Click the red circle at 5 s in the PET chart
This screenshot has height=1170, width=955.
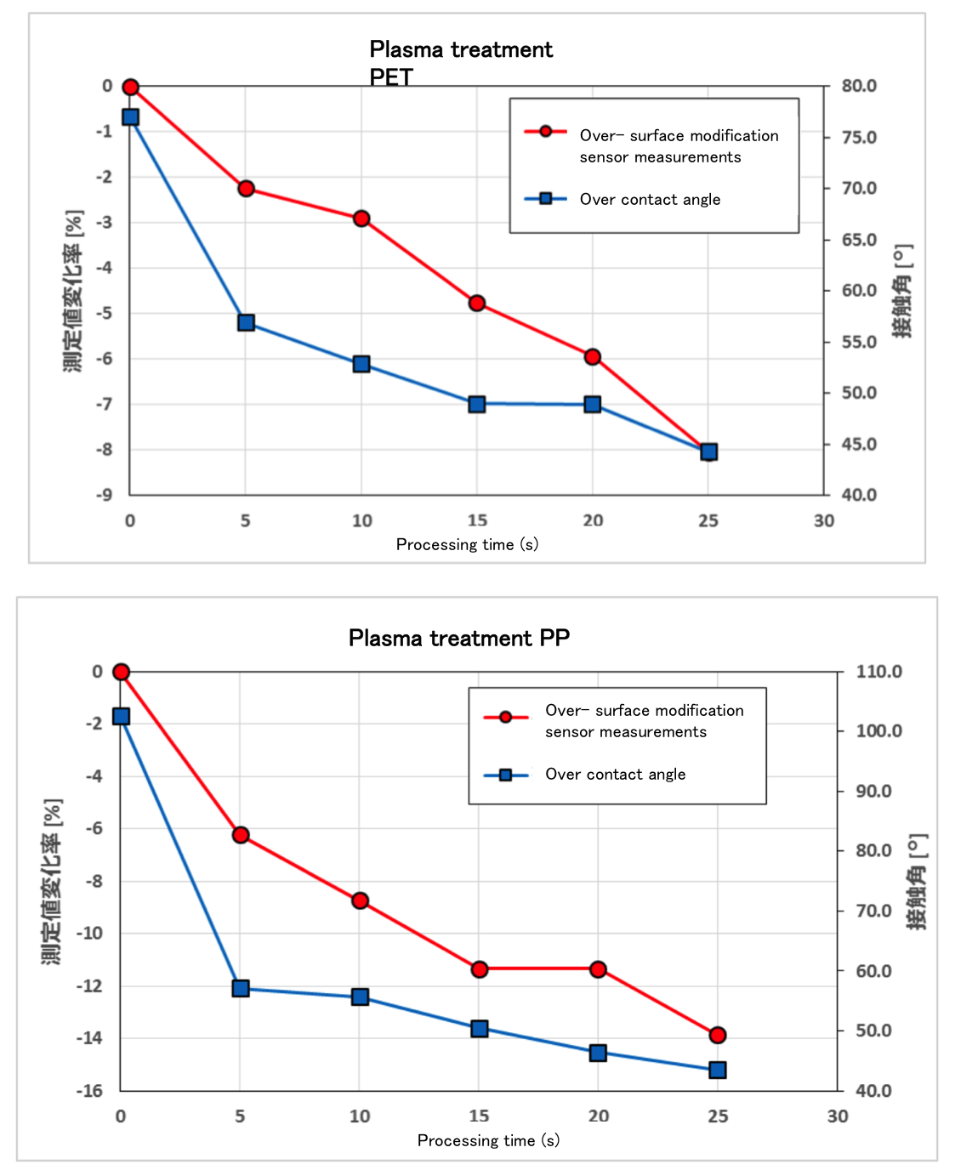(x=246, y=188)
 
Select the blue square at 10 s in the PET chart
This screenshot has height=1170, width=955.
(x=361, y=364)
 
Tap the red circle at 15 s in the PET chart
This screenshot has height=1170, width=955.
(x=477, y=303)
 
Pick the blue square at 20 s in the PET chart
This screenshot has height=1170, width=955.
(x=593, y=404)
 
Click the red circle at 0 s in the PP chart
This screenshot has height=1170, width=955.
(x=121, y=672)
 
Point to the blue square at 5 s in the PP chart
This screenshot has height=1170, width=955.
(x=241, y=988)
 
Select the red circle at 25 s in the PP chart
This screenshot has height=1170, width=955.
(x=718, y=1035)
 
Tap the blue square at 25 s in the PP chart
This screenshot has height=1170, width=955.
(x=718, y=1070)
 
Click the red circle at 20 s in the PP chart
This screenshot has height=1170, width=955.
(x=598, y=969)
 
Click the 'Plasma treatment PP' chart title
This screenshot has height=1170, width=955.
(x=459, y=638)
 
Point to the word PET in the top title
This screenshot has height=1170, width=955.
(x=391, y=77)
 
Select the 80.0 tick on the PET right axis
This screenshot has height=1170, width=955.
(x=859, y=86)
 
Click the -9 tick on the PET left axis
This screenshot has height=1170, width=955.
(x=104, y=495)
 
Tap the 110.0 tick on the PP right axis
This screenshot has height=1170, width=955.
(x=878, y=672)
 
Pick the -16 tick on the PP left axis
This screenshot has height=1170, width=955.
(x=89, y=1090)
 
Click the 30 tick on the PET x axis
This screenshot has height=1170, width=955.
(x=824, y=520)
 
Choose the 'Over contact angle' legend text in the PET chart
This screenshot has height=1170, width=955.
(x=650, y=199)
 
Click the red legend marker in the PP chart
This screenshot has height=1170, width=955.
(x=505, y=717)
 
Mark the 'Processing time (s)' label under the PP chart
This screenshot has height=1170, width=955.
(x=488, y=1140)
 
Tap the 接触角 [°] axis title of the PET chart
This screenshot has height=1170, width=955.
(x=903, y=291)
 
